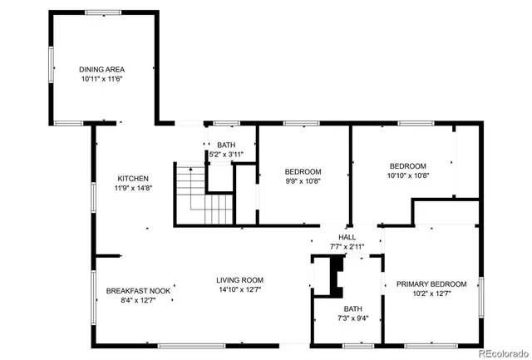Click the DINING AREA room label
(102, 69)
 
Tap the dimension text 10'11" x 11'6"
(102, 79)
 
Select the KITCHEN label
(133, 179)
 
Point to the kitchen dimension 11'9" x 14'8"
(133, 189)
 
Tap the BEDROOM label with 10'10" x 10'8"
(407, 165)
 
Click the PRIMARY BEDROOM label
(431, 284)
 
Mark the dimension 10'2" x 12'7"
(431, 293)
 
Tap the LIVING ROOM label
(240, 280)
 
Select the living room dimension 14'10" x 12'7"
(240, 290)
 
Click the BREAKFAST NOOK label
(138, 291)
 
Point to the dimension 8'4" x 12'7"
(138, 301)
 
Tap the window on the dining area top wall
(102, 12)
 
